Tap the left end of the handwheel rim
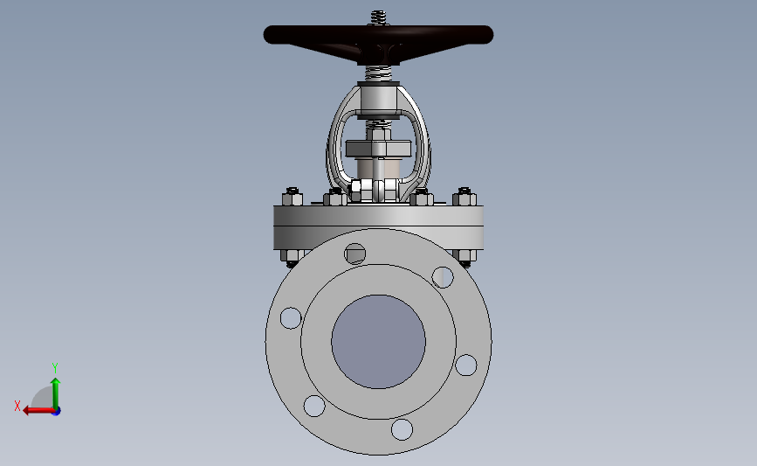coord(265,35)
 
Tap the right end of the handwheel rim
coord(492,35)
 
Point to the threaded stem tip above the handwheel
coord(379,17)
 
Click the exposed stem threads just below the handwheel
coord(379,73)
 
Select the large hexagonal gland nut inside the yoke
coord(379,148)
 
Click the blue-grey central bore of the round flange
coord(379,342)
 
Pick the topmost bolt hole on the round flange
coord(354,254)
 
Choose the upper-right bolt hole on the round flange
coord(442,277)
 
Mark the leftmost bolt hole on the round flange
coord(291,318)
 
